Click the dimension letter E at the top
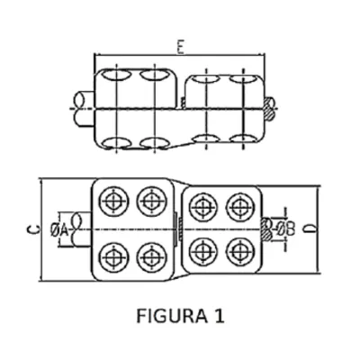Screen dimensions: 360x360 (180, 48)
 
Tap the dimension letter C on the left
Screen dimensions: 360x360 (35, 229)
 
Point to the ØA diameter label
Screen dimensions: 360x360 (59, 230)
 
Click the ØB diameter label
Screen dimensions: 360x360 (286, 229)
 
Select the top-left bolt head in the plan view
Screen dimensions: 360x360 (114, 201)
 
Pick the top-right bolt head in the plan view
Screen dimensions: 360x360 (240, 208)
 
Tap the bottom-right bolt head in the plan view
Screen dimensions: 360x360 (240, 252)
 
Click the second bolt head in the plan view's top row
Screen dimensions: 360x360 (151, 201)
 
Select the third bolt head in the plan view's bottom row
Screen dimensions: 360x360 (204, 252)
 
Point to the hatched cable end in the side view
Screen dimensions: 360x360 (269, 108)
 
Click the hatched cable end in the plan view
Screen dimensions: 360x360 (266, 229)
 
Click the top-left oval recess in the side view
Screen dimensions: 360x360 (116, 75)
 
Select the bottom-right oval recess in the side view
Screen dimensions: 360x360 (242, 139)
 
